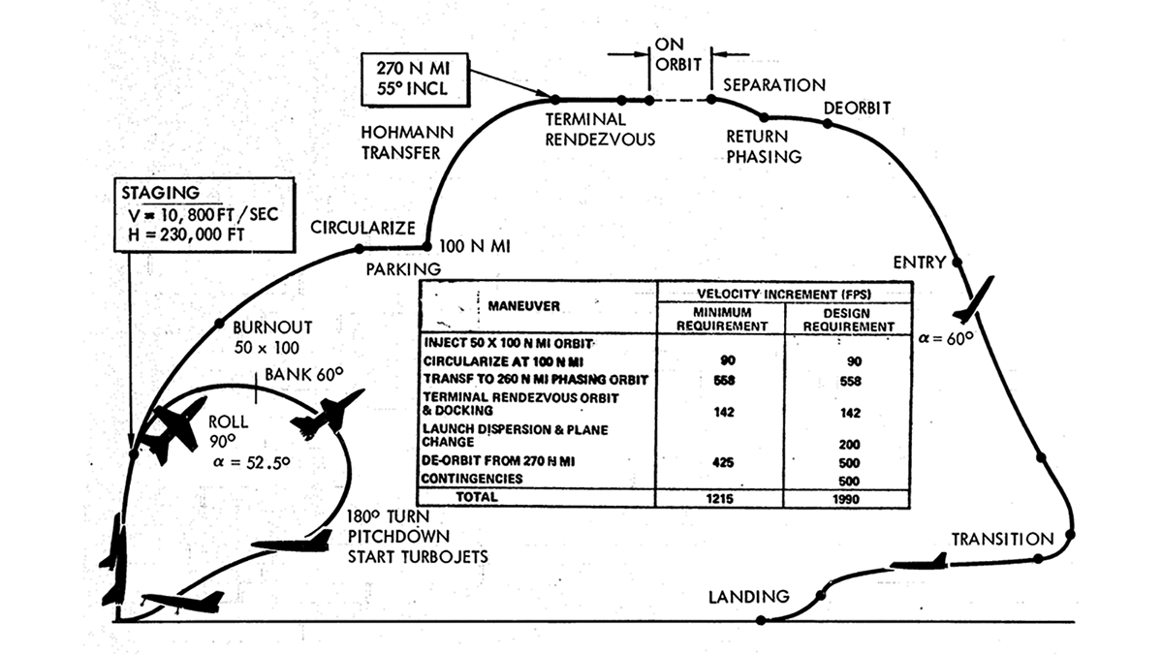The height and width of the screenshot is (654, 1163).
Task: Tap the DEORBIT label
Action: (857, 107)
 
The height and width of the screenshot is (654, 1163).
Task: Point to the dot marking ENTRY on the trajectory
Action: (957, 263)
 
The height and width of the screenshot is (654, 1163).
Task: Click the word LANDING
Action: (748, 596)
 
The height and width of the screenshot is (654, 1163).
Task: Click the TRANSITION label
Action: (1001, 539)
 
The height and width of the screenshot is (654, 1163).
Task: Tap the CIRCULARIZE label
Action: (362, 228)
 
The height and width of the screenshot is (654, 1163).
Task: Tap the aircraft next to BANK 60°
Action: (327, 414)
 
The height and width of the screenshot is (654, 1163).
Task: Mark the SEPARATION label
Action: (774, 85)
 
